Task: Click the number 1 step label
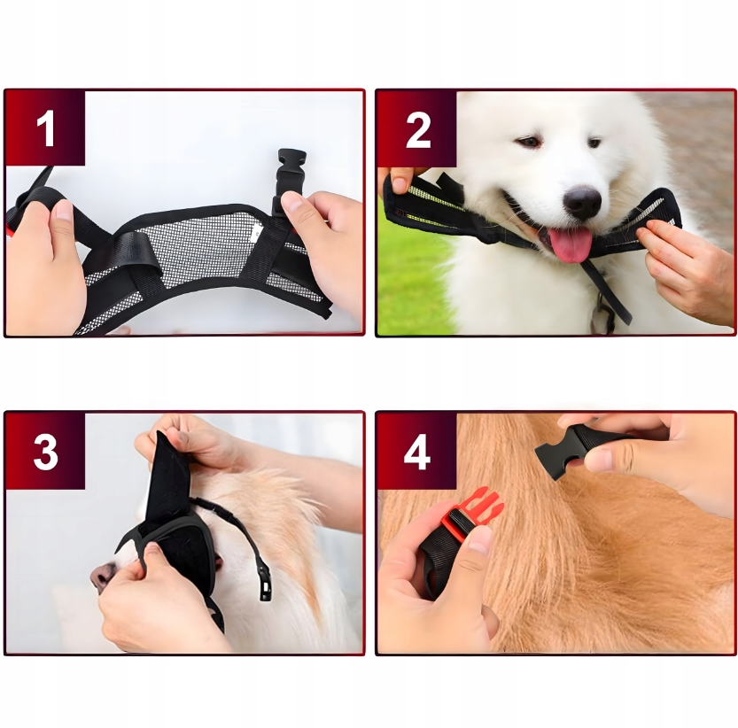pos(46,128)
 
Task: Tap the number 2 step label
pos(418,129)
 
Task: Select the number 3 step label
pos(46,452)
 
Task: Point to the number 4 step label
pos(417,452)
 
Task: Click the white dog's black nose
pos(583,202)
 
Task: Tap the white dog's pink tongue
pos(571,245)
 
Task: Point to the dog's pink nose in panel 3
pos(100,577)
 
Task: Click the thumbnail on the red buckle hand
pos(480,539)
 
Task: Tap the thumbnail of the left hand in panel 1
pos(63,210)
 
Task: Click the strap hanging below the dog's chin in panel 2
pos(606,291)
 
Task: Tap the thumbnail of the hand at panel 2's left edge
pos(400,184)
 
